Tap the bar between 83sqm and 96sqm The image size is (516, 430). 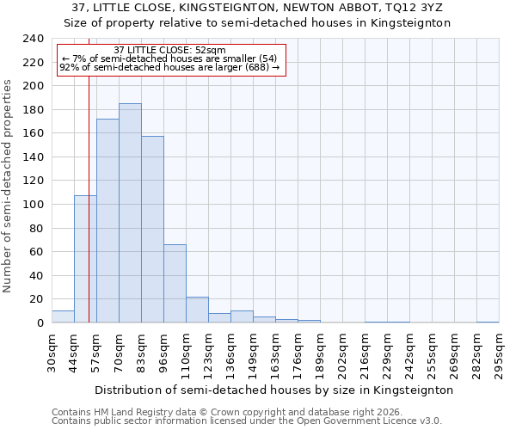152,230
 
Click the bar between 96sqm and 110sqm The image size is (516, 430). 175,284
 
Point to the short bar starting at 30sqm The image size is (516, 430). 63,316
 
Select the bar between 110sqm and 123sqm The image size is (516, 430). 197,310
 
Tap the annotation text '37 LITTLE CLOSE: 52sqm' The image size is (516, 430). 169,50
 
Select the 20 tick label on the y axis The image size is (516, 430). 36,299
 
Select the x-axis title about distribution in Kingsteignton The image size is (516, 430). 273,390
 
